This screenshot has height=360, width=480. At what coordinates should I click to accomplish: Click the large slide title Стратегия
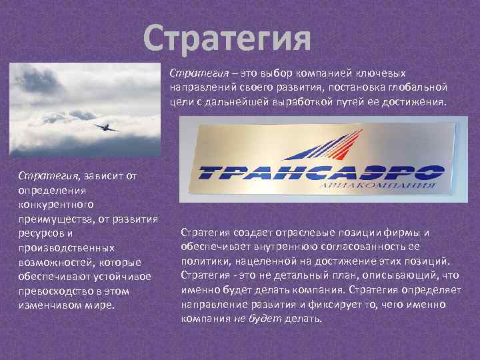[227, 38]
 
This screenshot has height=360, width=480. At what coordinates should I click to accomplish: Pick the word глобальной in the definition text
[417, 87]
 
